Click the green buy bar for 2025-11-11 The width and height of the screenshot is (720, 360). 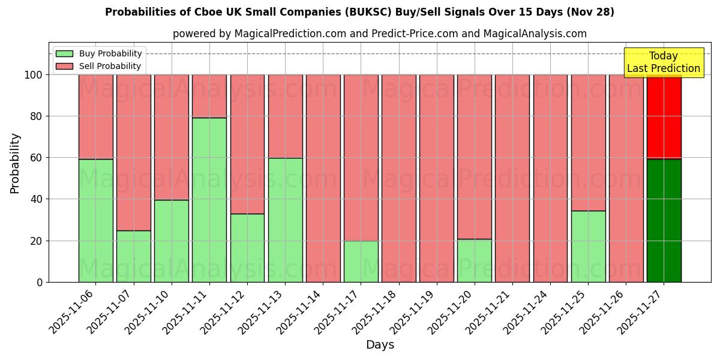(x=209, y=200)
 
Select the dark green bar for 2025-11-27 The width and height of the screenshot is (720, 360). (x=664, y=220)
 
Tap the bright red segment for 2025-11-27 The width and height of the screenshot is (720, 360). (x=664, y=117)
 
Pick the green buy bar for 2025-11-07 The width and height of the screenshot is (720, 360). (x=134, y=256)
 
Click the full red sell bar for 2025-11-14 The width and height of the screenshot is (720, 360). (x=323, y=178)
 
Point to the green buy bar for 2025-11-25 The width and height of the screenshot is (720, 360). (x=588, y=246)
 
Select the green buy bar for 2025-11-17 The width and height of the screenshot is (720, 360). (x=361, y=261)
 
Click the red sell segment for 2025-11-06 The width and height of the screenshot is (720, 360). (x=96, y=117)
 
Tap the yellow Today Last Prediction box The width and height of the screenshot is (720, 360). (x=663, y=62)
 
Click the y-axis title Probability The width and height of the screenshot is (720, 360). (x=15, y=163)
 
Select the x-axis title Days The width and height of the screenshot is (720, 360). (x=380, y=345)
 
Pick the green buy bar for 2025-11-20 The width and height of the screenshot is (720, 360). (x=474, y=260)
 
